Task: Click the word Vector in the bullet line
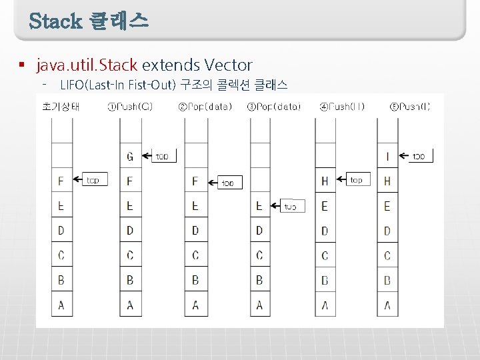(229, 65)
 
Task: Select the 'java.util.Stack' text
(87, 65)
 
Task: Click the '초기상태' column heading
(61, 107)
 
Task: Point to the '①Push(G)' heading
(130, 107)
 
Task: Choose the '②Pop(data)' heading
(205, 107)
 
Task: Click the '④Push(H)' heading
(342, 107)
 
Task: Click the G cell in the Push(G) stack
(130, 157)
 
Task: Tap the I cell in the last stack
(387, 157)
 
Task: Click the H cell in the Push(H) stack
(325, 181)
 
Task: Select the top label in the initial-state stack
(93, 180)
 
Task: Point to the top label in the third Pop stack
(291, 206)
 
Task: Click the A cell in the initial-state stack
(61, 305)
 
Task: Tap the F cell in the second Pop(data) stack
(195, 181)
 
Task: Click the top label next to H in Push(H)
(357, 180)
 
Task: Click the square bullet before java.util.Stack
(21, 65)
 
